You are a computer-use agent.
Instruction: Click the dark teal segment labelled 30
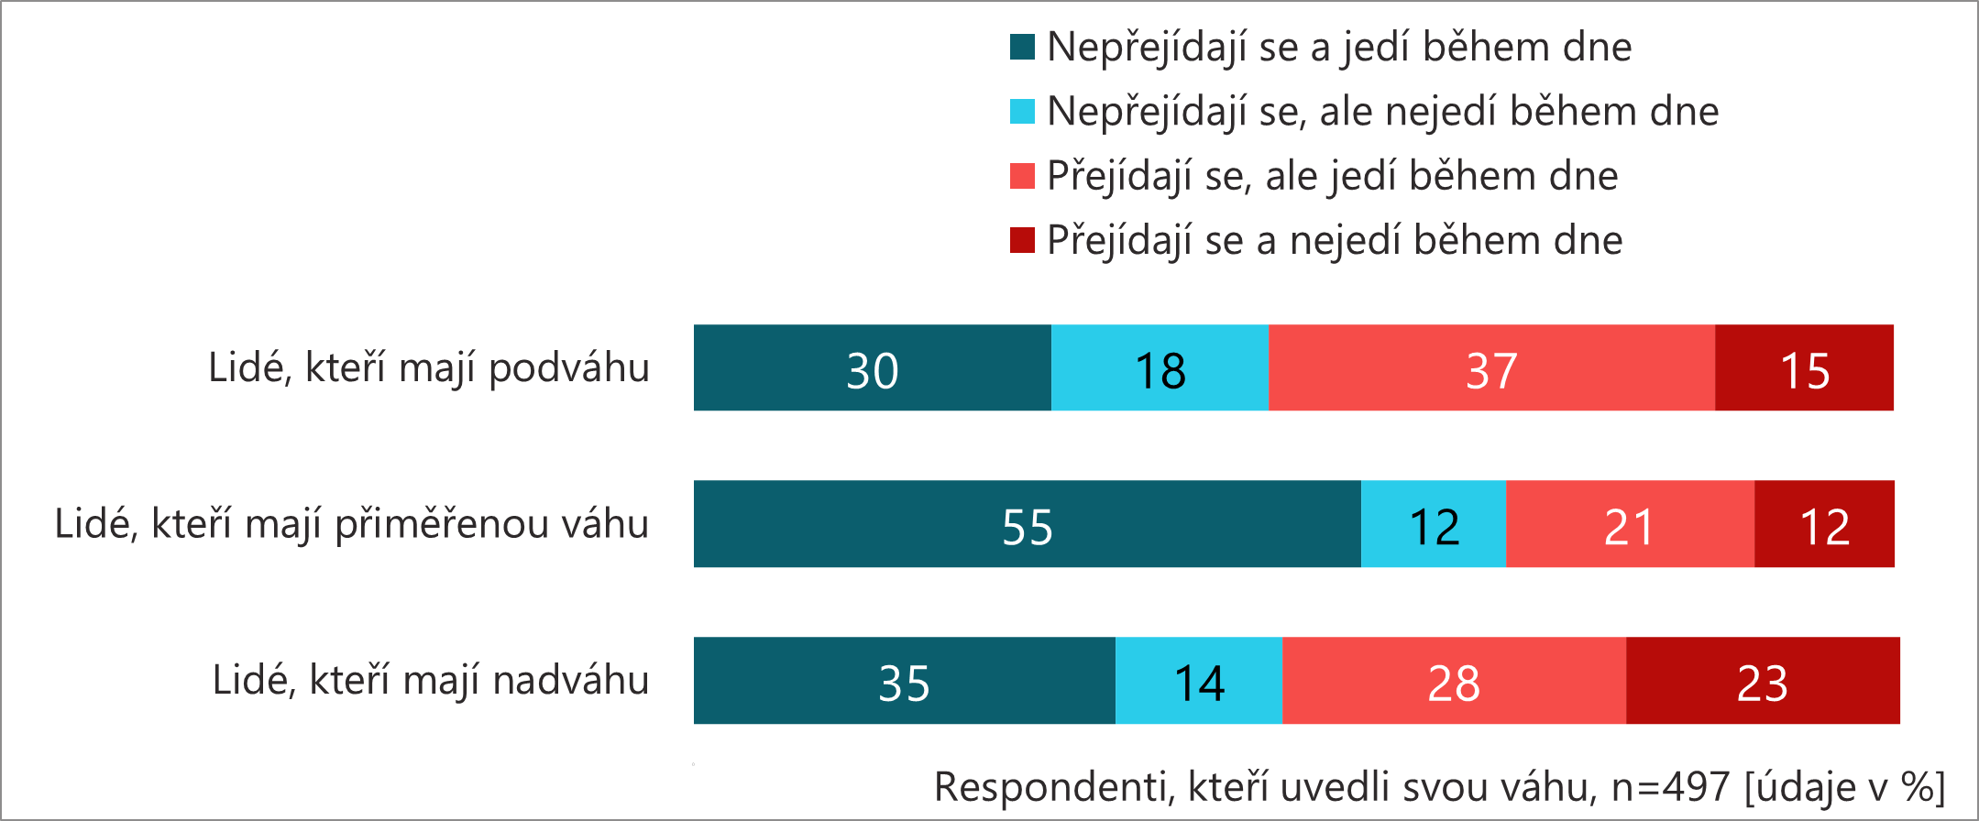click(872, 367)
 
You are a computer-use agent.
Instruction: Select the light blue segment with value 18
click(1160, 367)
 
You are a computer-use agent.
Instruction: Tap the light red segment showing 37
click(1491, 367)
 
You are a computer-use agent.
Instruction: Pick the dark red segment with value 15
click(1804, 367)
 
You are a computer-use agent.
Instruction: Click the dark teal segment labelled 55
click(1027, 524)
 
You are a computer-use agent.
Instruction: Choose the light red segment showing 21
click(1630, 524)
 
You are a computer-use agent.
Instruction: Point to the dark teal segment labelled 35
click(904, 681)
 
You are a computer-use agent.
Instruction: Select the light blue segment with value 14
click(1199, 681)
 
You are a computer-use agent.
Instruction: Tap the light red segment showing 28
click(1454, 681)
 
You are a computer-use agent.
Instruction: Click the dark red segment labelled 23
click(1763, 681)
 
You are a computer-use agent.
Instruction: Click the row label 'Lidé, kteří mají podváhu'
click(429, 368)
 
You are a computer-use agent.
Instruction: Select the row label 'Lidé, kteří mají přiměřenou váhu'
click(352, 525)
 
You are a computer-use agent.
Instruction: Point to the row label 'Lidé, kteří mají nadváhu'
click(431, 681)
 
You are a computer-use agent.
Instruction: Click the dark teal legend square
click(1022, 47)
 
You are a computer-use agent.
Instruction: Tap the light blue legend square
click(1022, 111)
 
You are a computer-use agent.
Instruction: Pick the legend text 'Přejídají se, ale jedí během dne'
click(1333, 176)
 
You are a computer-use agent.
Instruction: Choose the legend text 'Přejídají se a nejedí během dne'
click(1335, 241)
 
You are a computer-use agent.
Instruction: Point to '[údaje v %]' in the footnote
click(1844, 787)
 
